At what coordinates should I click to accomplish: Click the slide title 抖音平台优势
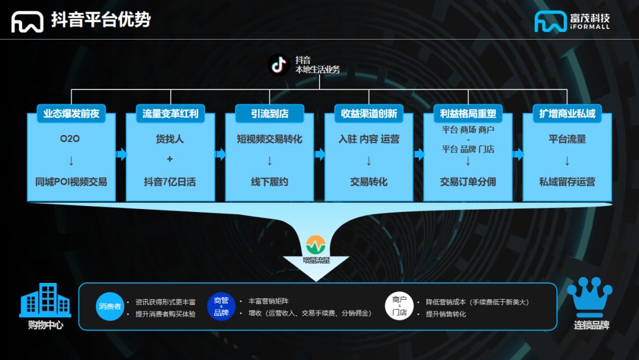click(101, 20)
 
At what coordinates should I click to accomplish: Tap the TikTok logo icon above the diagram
click(279, 65)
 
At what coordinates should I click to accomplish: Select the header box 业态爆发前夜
click(71, 113)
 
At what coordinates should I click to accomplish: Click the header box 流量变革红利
click(170, 113)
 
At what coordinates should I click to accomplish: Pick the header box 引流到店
click(269, 113)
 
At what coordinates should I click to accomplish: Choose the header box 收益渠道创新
click(369, 113)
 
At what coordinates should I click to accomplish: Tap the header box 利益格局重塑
click(468, 113)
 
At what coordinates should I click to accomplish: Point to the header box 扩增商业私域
click(567, 113)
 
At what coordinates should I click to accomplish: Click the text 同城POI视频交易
click(71, 182)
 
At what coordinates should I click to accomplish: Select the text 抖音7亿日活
click(170, 182)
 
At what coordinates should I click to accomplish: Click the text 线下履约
click(269, 182)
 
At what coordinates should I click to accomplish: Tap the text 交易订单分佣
click(468, 182)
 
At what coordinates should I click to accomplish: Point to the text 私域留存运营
click(567, 182)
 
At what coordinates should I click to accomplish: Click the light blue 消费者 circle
click(110, 307)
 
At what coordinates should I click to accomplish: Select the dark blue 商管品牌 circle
click(221, 307)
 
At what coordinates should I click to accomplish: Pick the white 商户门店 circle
click(399, 307)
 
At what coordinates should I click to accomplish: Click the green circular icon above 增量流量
click(317, 245)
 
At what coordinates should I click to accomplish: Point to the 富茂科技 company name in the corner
click(589, 18)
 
